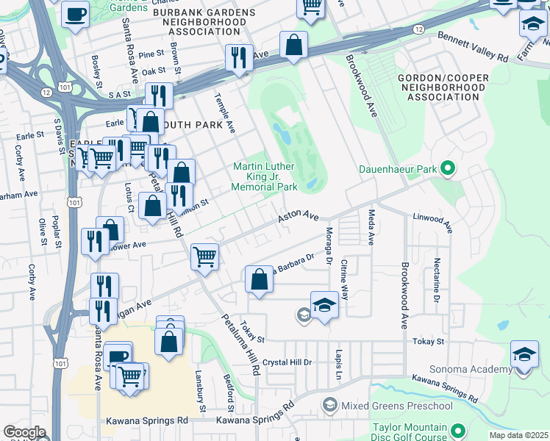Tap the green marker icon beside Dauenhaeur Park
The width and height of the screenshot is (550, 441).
[x=446, y=169]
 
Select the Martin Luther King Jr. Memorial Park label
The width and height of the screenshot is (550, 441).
[x=265, y=177]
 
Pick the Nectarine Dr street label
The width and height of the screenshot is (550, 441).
[x=436, y=280]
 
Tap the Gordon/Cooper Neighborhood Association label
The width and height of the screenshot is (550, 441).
[x=440, y=87]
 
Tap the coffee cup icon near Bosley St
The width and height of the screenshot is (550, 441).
[x=75, y=13]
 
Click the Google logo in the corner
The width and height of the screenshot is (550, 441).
[x=24, y=432]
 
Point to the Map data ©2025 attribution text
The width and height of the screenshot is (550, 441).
[x=518, y=435]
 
